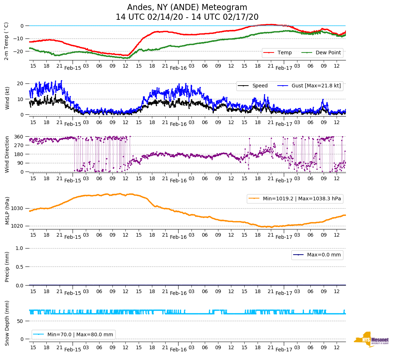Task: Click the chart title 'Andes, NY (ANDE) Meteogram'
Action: click(187, 8)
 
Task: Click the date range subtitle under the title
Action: click(187, 17)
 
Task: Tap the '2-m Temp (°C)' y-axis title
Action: click(6, 41)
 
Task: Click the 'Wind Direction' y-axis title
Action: click(7, 154)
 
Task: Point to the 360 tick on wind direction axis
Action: click(19, 137)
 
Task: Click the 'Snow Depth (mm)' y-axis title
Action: click(7, 323)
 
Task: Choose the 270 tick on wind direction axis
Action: click(19, 145)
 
